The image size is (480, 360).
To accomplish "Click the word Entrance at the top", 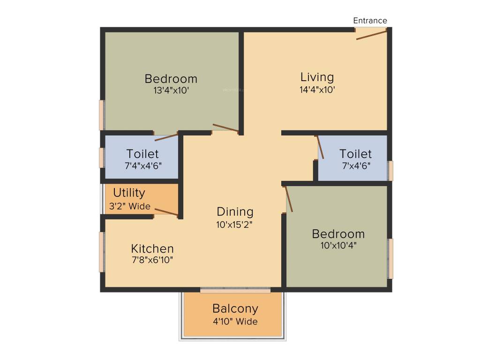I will point(370,21).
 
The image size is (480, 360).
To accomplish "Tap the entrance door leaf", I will point(371,35).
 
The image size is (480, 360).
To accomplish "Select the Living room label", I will point(317,77).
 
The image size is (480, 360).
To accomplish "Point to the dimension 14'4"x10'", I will point(317,90).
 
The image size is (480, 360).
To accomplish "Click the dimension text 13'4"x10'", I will point(171,90).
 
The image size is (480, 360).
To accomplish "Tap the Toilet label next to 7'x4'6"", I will point(355,154).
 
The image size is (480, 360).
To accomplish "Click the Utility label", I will point(129,193).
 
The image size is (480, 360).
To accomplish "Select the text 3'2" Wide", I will point(130,206).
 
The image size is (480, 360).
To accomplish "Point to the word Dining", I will point(235,211).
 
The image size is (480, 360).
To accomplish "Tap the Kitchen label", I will point(152,248).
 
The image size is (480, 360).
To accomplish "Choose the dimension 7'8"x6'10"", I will point(152,260).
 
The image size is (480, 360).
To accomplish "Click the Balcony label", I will point(235,308).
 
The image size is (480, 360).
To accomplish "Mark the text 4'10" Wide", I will point(235,322).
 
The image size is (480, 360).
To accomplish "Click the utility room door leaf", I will point(166,212).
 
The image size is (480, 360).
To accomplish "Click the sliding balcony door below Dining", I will point(235,291).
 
